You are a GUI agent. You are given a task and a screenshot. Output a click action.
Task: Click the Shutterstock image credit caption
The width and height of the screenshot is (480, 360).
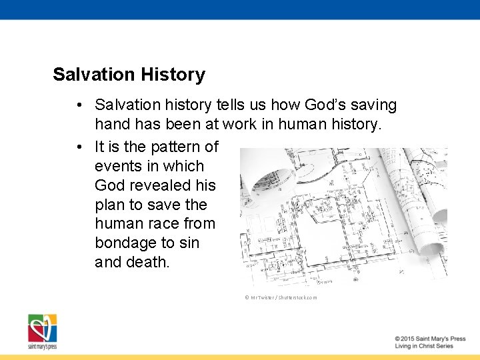click(281, 297)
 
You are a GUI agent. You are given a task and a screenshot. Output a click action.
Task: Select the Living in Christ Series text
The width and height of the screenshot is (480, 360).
click(424, 347)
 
